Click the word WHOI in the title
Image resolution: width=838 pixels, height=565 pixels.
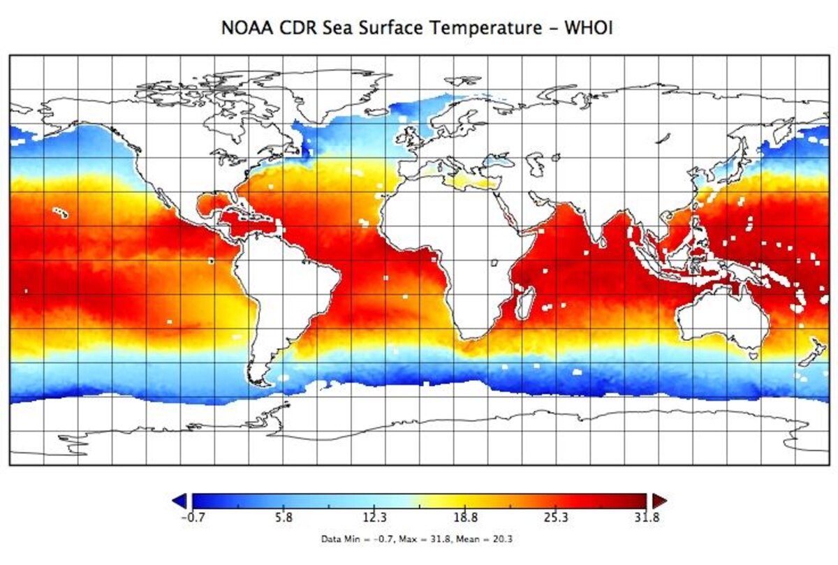[x=593, y=29]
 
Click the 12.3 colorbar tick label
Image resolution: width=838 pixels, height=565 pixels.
[x=374, y=518]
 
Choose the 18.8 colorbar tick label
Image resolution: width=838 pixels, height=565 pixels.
[x=465, y=518]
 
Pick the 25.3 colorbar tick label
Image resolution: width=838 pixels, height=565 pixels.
[x=557, y=518]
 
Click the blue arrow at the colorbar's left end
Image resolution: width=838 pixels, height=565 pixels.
[x=180, y=500]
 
